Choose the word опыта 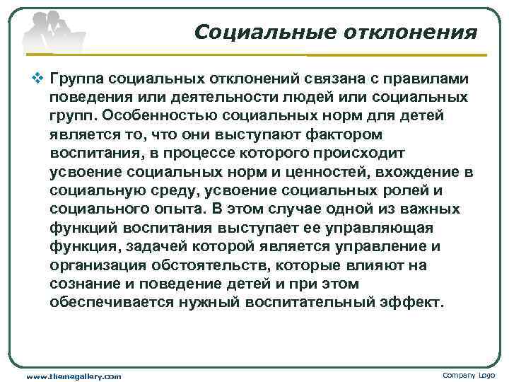(x=183, y=210)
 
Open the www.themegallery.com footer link (x=74, y=376)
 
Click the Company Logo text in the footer (x=468, y=374)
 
